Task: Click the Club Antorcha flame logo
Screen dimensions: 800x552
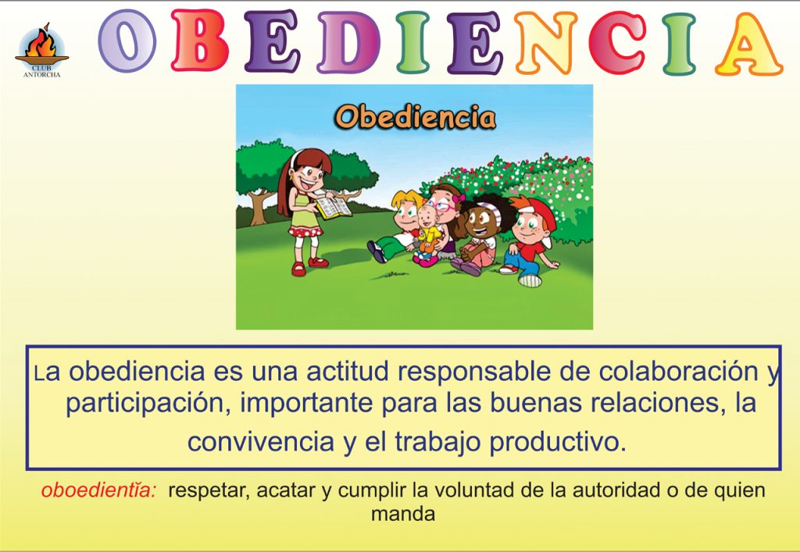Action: point(42,50)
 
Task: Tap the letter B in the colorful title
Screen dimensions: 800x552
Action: point(199,40)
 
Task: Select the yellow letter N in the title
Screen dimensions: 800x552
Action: point(545,43)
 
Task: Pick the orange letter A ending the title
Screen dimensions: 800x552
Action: point(748,45)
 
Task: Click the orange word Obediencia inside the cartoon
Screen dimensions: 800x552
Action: point(416,116)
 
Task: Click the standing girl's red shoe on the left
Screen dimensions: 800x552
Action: point(298,269)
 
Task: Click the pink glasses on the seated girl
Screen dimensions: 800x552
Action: point(443,206)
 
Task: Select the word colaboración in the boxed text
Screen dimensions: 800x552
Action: point(679,371)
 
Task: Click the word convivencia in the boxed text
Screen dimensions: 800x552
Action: point(261,441)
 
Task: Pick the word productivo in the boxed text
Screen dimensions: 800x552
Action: point(558,442)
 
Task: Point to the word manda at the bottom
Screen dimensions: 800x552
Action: point(403,514)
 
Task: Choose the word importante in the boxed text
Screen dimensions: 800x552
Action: point(306,404)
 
